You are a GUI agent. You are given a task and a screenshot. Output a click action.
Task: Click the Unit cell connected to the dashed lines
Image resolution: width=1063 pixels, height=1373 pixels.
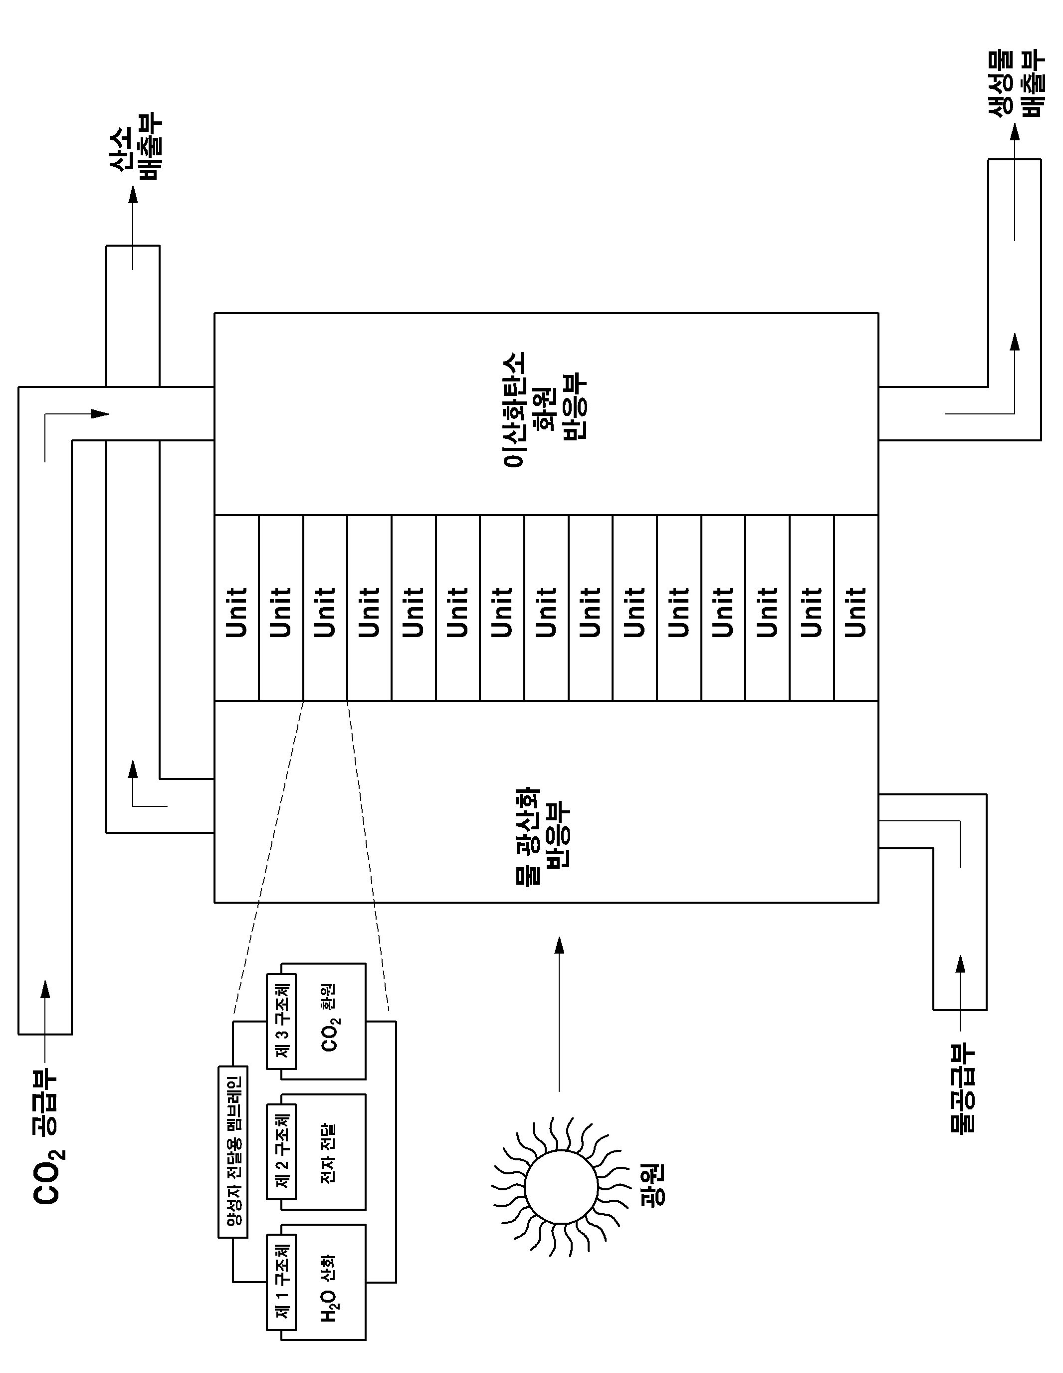[325, 607]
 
